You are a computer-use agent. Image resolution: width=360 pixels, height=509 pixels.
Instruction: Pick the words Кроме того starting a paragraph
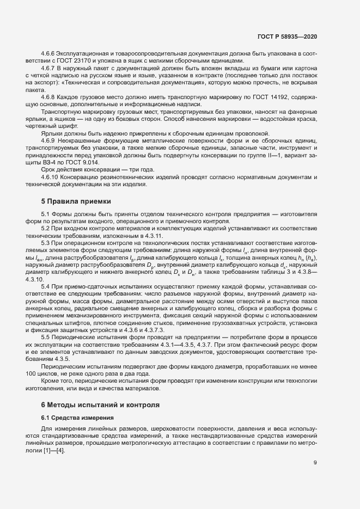coord(58,383)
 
